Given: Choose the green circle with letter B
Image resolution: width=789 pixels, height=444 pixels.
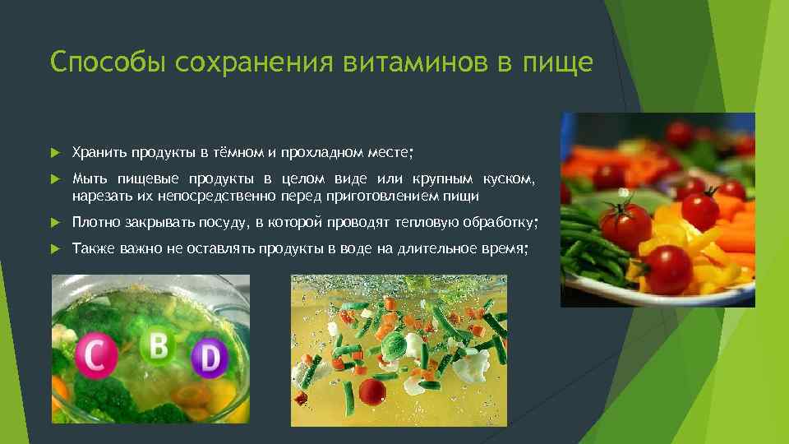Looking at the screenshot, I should coord(156,346).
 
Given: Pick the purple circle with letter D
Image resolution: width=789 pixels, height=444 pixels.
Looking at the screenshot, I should coord(209,358).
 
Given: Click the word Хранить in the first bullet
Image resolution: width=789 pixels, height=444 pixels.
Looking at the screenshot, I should coord(95,153).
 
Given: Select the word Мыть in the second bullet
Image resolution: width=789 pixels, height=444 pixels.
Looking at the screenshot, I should coord(86,179).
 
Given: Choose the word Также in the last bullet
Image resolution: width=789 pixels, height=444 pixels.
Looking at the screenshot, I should coord(90,249).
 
